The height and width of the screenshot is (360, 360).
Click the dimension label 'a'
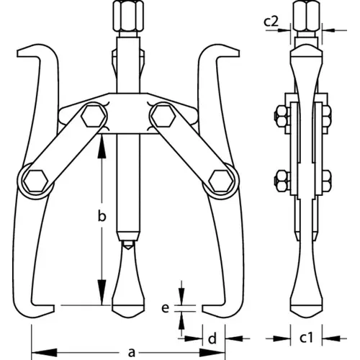pos(132,353)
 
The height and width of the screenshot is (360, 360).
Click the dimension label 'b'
pos(102,217)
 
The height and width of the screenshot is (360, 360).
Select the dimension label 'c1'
pos(307,338)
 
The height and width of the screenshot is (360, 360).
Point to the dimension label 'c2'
pos(271,22)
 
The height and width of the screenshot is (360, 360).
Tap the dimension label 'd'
pos(212,338)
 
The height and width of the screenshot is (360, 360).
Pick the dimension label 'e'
pos(165,308)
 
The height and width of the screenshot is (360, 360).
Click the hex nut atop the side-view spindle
pos(307,16)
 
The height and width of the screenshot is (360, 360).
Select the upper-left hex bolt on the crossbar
pos(94,116)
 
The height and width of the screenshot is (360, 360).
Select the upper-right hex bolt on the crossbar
pos(163,116)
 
